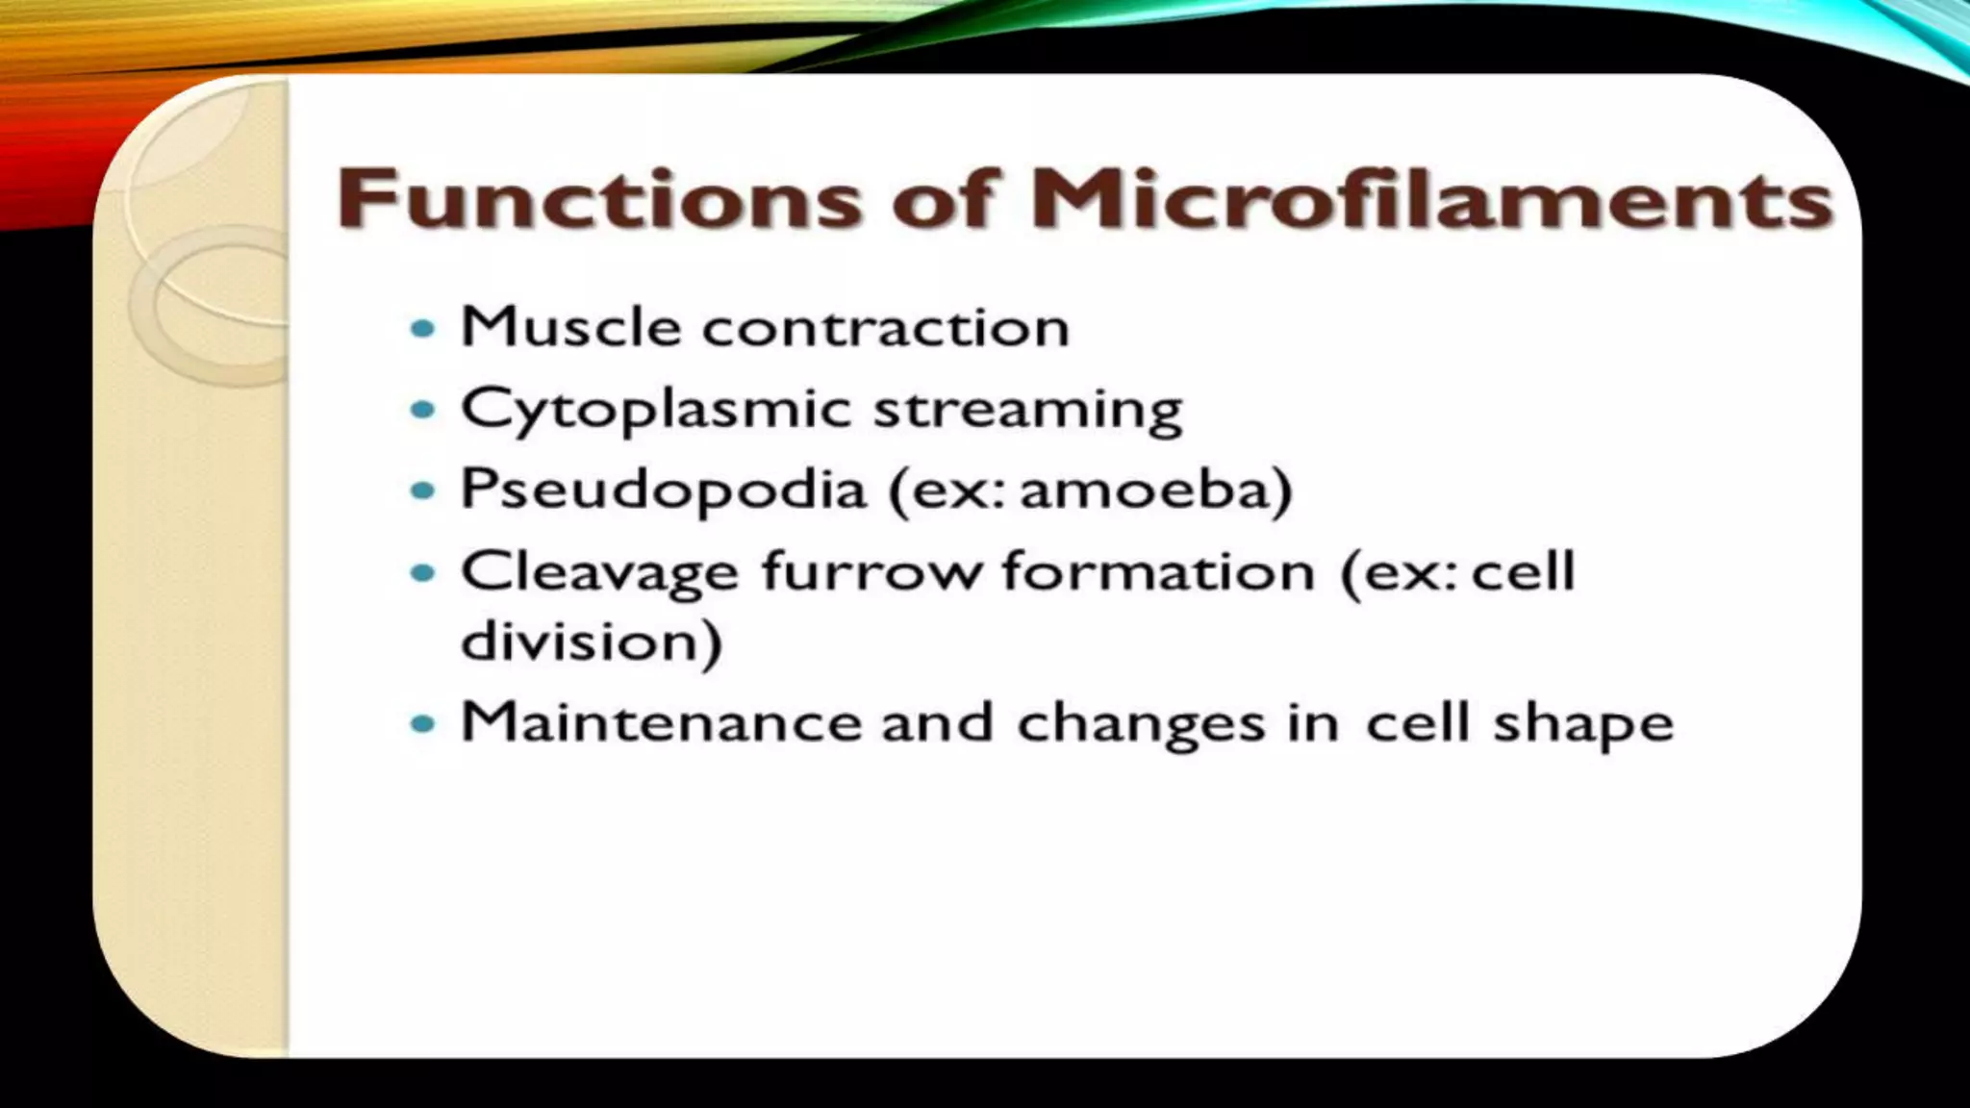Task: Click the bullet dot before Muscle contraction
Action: click(x=422, y=329)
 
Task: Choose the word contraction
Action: click(x=885, y=328)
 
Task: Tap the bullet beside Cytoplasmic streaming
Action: click(x=422, y=410)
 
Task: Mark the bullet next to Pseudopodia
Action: click(x=422, y=491)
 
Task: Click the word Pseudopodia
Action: click(x=664, y=491)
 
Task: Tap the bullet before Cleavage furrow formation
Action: click(x=422, y=573)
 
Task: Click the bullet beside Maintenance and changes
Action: click(x=422, y=723)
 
